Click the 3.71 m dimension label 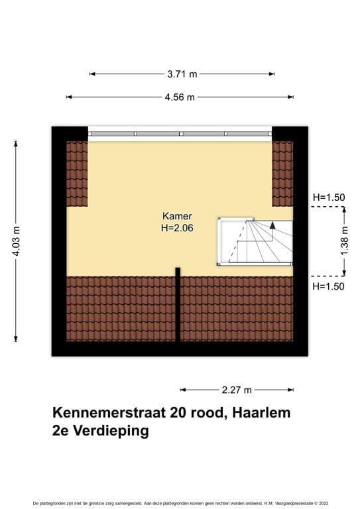click(182, 74)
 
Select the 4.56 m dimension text click(180, 97)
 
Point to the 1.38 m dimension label click(345, 240)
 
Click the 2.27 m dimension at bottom click(237, 390)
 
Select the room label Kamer click(177, 216)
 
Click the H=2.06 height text click(177, 228)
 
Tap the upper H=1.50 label click(330, 197)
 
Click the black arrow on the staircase click(272, 225)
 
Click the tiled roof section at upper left click(77, 174)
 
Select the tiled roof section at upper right click(282, 174)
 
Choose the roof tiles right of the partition click(237, 308)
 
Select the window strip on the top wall click(180, 133)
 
